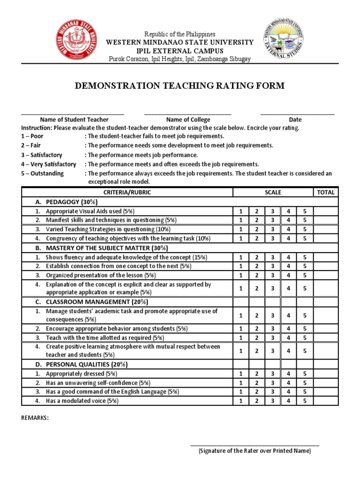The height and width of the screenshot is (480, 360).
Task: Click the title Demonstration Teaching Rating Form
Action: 180,85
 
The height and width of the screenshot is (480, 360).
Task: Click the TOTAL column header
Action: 326,192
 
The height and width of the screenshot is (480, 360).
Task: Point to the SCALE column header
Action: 273,192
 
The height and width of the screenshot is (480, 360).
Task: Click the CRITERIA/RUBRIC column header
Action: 127,192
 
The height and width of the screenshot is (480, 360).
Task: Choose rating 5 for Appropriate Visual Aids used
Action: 305,211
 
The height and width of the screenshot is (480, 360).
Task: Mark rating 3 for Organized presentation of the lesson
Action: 273,275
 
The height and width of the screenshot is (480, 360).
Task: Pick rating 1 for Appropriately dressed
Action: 241,374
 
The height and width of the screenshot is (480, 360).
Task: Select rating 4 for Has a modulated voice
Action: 289,401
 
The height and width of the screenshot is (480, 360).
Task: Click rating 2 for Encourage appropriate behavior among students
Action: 257,329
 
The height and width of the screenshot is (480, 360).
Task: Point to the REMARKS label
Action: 35,418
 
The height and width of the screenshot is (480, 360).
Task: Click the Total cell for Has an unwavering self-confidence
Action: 326,383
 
